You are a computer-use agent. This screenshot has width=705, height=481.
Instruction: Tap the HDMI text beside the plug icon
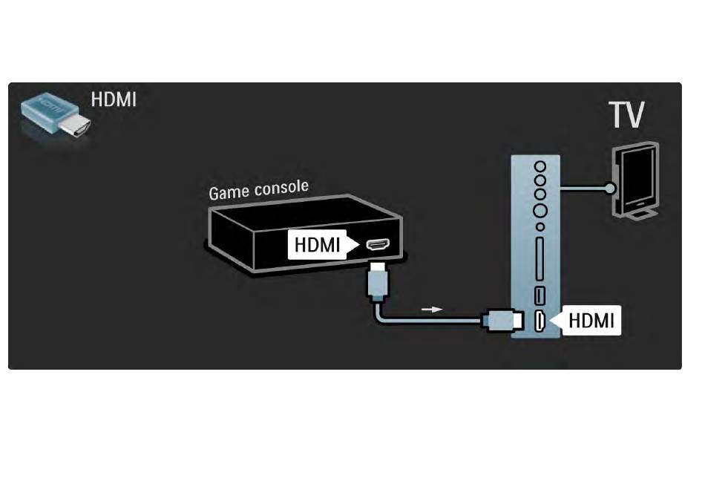click(114, 99)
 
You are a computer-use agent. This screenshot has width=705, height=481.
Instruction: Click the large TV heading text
click(626, 114)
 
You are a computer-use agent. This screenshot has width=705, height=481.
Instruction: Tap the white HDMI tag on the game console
click(322, 245)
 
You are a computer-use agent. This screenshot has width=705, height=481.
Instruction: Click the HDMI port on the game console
click(378, 244)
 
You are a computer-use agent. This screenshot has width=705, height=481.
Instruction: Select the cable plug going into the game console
click(378, 281)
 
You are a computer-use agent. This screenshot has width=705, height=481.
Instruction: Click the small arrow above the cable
click(432, 310)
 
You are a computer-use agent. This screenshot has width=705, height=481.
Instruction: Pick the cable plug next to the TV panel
click(502, 321)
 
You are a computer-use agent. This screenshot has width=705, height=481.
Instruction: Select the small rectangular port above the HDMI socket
click(540, 295)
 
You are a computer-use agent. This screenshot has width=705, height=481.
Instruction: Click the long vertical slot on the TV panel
click(540, 259)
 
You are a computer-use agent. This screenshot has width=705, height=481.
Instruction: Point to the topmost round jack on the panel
click(540, 167)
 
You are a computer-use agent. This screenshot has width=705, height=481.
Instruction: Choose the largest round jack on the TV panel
click(540, 209)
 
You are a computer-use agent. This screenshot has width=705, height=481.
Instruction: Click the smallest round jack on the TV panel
click(540, 227)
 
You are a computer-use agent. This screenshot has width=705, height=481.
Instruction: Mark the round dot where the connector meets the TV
click(610, 188)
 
